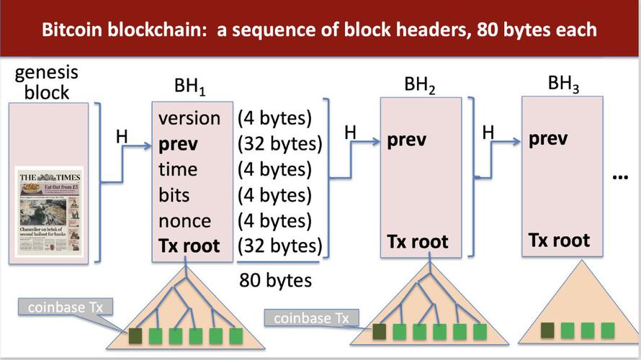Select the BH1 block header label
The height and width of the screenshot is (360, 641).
point(189,89)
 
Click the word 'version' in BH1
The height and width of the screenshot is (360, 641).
point(189,118)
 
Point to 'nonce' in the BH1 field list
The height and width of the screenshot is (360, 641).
point(184,220)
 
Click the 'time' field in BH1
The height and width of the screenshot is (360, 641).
point(177,169)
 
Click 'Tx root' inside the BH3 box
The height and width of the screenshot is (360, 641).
point(559,239)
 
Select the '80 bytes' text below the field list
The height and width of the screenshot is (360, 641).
point(276,279)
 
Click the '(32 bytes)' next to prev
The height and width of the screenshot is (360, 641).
point(279,144)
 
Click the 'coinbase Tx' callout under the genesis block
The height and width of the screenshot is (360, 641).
point(66,308)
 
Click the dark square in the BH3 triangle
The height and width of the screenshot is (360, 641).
point(548,330)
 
